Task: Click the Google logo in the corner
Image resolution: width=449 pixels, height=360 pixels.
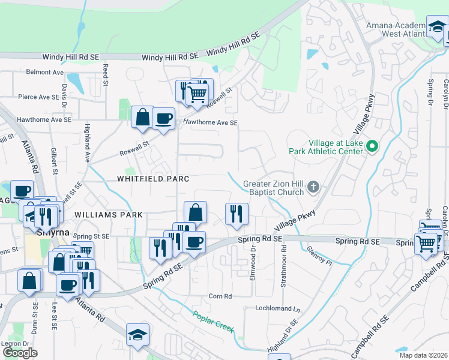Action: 20,353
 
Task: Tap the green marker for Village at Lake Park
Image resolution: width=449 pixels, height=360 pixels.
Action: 372,146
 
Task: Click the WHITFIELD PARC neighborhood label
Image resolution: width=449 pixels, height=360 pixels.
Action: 153,179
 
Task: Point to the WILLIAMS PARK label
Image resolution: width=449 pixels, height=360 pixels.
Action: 109,214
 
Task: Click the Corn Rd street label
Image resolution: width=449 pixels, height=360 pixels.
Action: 220,296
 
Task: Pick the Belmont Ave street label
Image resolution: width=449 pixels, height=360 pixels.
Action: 45,72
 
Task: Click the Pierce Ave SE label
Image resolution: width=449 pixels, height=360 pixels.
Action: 42,97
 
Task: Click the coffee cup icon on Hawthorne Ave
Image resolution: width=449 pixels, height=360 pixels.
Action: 163,118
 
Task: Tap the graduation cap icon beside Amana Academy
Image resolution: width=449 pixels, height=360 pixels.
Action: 437,26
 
